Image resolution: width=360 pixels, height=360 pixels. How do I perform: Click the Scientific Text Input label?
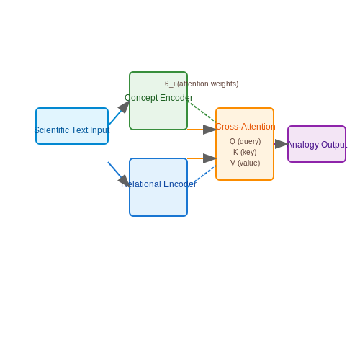point(72,130)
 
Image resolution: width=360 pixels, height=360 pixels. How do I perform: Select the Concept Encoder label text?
point(158,98)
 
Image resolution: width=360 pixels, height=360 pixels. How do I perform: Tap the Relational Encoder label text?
point(158,184)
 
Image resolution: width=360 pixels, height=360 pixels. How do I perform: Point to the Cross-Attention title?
point(245,127)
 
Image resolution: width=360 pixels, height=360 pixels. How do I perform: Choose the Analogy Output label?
point(317,145)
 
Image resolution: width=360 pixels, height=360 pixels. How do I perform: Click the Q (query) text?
point(245,141)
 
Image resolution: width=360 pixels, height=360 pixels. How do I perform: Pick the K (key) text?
point(245,152)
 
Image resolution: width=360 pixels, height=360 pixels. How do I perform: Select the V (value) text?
point(245,163)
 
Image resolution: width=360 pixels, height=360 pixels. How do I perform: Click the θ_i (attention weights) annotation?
point(202,84)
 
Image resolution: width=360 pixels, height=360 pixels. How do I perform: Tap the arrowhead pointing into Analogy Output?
point(282,144)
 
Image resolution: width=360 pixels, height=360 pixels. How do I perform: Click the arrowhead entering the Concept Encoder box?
point(125,107)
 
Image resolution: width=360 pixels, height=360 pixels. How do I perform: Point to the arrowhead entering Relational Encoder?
point(125,181)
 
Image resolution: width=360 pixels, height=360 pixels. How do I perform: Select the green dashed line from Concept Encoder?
point(202,112)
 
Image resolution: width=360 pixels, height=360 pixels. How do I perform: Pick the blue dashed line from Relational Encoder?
point(204,174)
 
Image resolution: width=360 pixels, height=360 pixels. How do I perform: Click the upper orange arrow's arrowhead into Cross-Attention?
point(210,130)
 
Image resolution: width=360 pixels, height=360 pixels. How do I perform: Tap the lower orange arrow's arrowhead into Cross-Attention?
point(210,158)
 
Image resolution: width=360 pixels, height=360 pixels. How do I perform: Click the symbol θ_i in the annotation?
point(170,84)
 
